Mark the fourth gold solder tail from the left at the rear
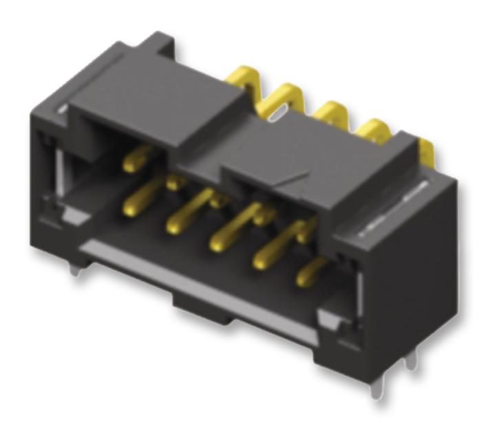pyautogui.click(x=373, y=131)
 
